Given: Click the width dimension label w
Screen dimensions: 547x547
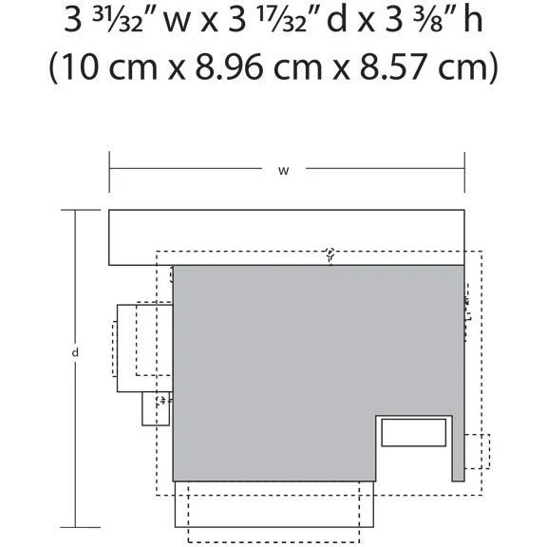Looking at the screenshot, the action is [283, 171].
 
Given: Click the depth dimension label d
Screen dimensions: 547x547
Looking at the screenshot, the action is [75, 352].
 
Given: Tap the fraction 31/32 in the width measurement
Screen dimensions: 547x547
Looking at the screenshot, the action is [118, 21].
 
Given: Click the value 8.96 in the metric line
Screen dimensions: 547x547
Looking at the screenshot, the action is [228, 66].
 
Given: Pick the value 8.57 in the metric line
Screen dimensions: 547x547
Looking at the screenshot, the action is [393, 66].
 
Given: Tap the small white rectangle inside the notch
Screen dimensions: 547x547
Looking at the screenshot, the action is [414, 433].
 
